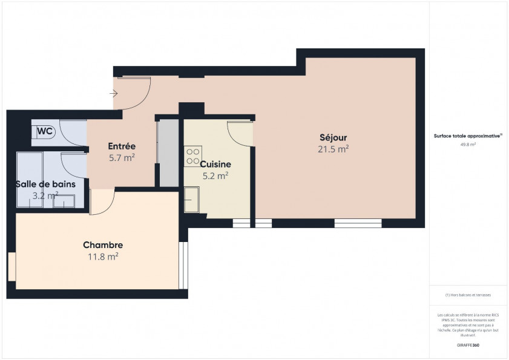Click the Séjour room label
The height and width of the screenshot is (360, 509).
(333, 137)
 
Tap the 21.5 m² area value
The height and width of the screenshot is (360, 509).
(333, 148)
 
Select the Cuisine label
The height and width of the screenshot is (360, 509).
(215, 164)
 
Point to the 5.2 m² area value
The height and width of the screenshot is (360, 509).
(215, 176)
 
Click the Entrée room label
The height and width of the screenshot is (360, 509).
(121, 146)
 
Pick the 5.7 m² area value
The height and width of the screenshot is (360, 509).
(121, 158)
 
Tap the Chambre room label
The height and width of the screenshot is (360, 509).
(103, 245)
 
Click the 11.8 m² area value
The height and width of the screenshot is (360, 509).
(103, 257)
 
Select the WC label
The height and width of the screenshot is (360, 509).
(45, 131)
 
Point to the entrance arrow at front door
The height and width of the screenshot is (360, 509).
(114, 94)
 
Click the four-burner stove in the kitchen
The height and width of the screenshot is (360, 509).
(193, 156)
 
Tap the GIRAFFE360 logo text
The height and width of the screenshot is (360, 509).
(468, 344)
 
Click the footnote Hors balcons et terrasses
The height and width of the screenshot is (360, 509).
(468, 295)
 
